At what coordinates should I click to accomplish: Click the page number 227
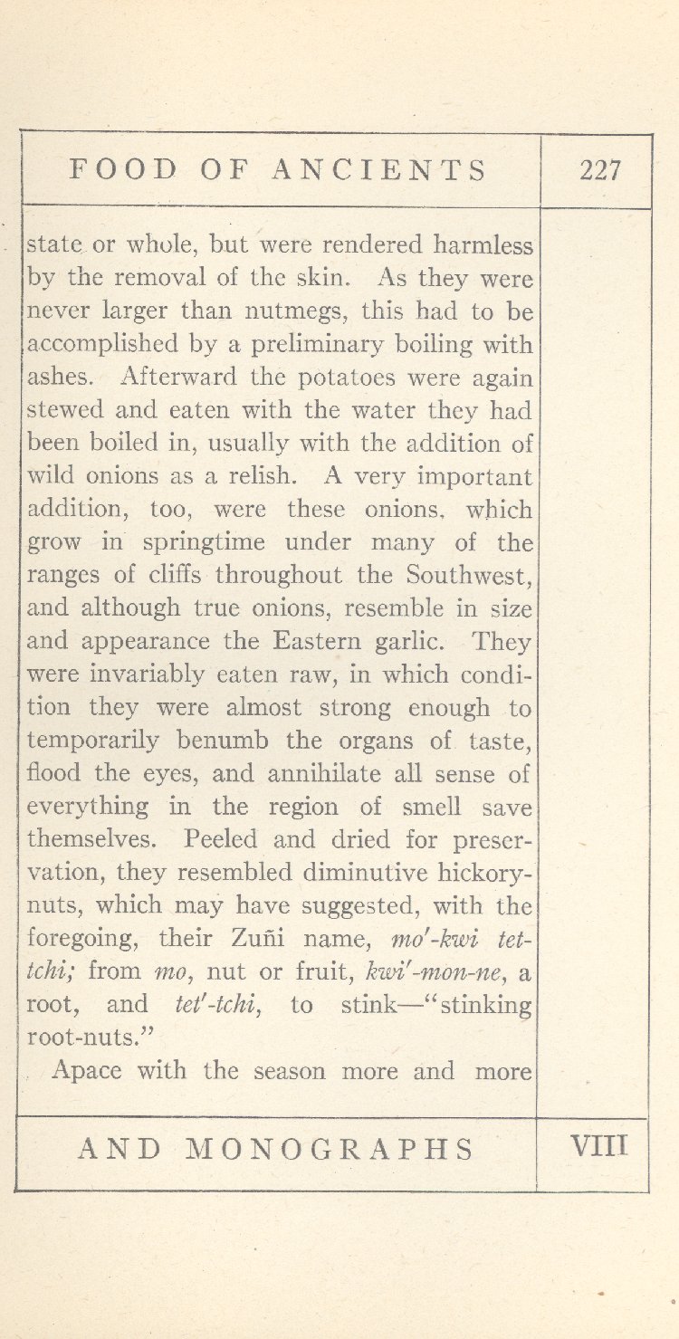pyautogui.click(x=600, y=170)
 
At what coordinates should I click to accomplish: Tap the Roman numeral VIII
pyautogui.click(x=600, y=1148)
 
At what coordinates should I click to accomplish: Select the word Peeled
pyautogui.click(x=223, y=839)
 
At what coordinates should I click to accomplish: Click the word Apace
pyautogui.click(x=88, y=1071)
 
